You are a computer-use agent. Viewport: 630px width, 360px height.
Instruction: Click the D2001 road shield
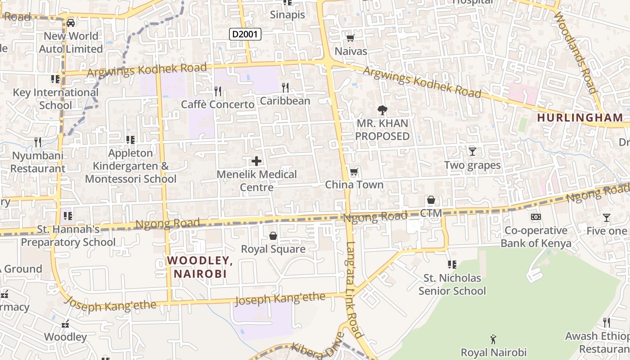(245, 34)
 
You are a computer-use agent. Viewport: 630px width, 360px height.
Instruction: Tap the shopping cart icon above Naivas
(351, 38)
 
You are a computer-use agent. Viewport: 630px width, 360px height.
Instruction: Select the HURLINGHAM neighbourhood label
(580, 117)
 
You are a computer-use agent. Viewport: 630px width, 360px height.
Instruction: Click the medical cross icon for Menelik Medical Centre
(256, 161)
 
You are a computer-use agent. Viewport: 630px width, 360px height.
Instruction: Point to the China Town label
(354, 184)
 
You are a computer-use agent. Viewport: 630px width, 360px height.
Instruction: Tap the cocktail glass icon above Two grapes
(472, 151)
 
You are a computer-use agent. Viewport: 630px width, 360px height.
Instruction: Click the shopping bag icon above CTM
(431, 199)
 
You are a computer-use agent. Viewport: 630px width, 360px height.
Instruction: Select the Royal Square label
(273, 249)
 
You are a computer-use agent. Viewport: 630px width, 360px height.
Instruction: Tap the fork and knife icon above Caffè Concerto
(218, 91)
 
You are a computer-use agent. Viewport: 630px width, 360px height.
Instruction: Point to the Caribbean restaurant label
(285, 101)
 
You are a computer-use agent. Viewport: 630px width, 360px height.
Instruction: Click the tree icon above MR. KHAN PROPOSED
(382, 110)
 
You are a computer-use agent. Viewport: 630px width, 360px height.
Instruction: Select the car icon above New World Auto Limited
(71, 22)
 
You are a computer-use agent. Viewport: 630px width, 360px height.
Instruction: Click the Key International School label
(55, 99)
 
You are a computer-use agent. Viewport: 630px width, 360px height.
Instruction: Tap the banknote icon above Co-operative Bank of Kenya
(536, 217)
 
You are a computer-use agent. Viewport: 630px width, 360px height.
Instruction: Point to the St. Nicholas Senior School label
(452, 284)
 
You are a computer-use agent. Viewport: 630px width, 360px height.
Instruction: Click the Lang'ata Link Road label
(354, 290)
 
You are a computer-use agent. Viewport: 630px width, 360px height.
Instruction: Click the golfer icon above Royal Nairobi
(493, 339)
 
